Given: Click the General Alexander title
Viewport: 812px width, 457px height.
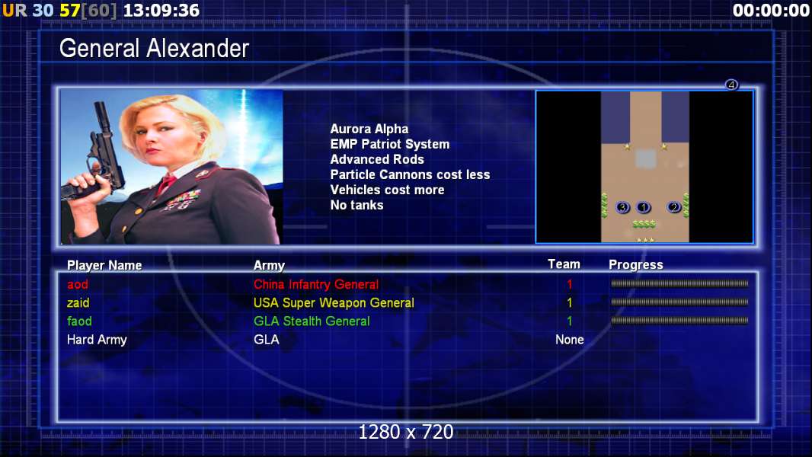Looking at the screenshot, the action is pos(154,49).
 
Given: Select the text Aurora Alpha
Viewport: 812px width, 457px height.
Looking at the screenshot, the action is pos(369,129).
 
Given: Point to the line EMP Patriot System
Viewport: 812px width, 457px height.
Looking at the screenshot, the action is pos(390,144).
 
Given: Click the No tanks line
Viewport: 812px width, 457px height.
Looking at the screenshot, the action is pos(356,205).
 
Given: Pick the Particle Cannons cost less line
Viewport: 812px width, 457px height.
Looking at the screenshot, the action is pos(410,174).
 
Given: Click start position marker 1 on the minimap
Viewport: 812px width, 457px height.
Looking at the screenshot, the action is pos(643,207).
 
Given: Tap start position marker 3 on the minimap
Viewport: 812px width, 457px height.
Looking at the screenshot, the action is pos(622,207).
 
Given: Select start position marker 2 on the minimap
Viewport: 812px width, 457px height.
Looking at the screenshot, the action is pos(673,207).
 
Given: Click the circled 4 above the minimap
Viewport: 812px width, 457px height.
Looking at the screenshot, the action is pos(731,85).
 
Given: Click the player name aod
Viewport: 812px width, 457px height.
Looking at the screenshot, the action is pos(78,284).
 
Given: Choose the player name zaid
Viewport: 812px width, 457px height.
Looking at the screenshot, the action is pos(78,302).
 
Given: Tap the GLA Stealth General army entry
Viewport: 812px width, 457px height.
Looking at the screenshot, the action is pos(312,321).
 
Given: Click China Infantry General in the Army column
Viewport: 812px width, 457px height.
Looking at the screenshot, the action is pos(316,284).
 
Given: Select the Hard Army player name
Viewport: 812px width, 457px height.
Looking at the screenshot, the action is pos(97,340).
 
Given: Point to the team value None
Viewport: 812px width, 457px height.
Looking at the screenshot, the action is pos(570,340).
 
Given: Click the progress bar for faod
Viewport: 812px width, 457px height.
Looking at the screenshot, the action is pos(679,321).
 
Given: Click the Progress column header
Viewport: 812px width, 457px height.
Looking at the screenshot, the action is pos(636,265).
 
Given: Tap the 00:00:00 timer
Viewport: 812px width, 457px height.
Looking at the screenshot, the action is pos(771,11).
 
